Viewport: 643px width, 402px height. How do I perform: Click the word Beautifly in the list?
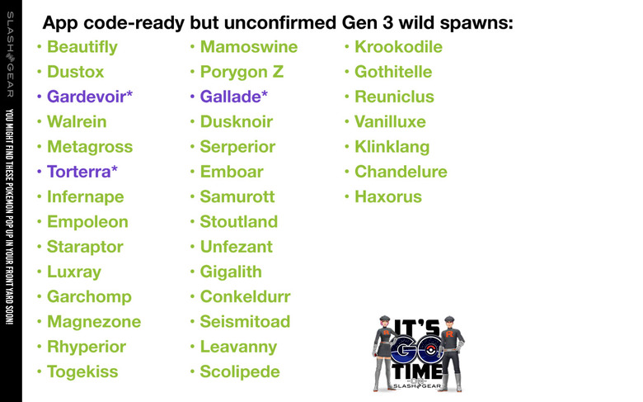coord(82,47)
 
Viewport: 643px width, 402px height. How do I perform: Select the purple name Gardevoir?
coord(87,97)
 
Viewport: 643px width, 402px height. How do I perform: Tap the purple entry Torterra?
coord(79,172)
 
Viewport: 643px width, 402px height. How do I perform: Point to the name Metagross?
coord(90,147)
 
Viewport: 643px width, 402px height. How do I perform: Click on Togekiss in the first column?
coord(82,372)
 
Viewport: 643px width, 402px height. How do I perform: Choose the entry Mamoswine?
coord(249,47)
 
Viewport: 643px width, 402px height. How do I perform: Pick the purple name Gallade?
coord(231,97)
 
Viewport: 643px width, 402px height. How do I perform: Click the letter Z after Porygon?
coord(278,72)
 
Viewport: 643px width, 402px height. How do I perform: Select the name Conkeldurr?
coord(245,297)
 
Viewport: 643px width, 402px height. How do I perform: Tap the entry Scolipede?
coord(240,372)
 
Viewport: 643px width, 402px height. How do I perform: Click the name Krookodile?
coord(399,47)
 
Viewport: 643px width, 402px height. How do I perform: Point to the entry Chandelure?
coord(401,172)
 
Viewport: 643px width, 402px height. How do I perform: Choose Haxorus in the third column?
coord(388,196)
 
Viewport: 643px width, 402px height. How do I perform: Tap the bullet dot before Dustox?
coord(40,72)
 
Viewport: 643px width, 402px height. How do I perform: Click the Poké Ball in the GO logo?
coord(429,350)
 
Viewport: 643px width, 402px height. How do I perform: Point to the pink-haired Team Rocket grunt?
coord(384,353)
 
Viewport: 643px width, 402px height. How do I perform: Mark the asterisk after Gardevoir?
coord(129,94)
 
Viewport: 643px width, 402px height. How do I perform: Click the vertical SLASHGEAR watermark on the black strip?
coord(10,54)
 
